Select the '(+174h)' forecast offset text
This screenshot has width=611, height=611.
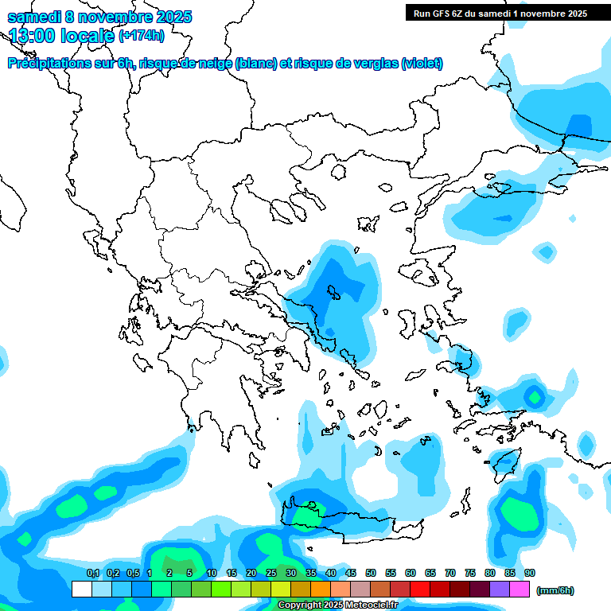click(142, 35)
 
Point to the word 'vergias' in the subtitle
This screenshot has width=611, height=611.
click(373, 63)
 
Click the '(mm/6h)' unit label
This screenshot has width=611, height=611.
click(555, 590)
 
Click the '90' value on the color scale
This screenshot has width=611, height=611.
click(530, 573)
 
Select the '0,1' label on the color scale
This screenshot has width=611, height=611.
click(93, 573)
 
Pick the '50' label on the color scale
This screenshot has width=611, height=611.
click(371, 573)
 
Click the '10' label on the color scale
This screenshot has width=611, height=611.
click(212, 573)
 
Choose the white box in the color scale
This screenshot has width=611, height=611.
click(81, 590)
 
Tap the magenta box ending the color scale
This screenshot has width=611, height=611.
click(520, 590)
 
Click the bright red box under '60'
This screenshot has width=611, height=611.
click(420, 590)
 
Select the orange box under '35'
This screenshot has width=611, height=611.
click(321, 590)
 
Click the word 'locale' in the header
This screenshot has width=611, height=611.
click(88, 36)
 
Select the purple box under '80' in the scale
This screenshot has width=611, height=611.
click(500, 590)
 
